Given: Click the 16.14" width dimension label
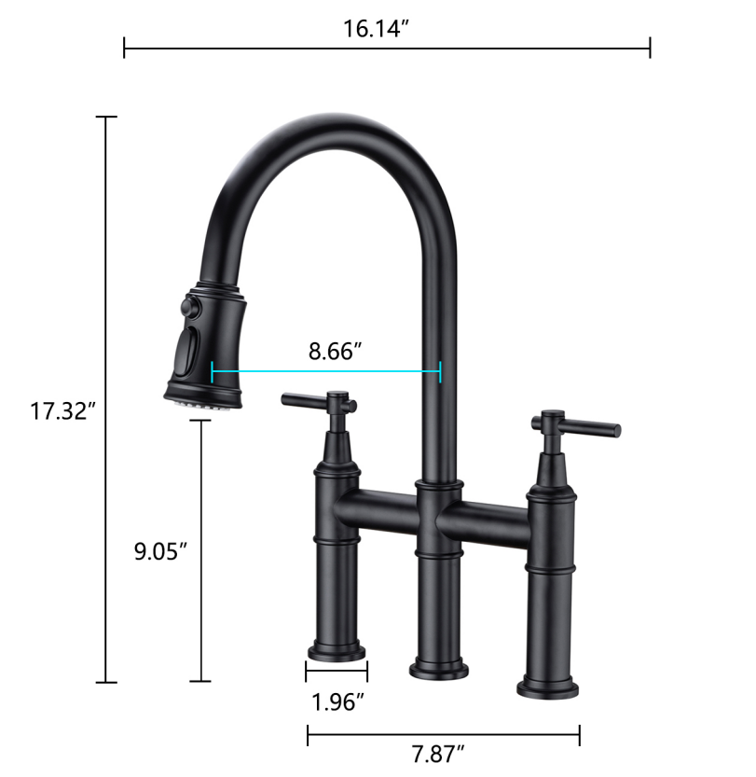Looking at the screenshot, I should pos(377,28).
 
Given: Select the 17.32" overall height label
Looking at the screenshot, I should pos(63,409).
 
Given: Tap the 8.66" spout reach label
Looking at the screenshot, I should pos(335,352).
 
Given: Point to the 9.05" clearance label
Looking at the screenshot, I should pos(161,550).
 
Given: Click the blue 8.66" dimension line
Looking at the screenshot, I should pos(326,372).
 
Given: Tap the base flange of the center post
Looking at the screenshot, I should pos(438,667).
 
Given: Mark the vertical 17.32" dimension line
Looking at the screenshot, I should pos(106,280).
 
